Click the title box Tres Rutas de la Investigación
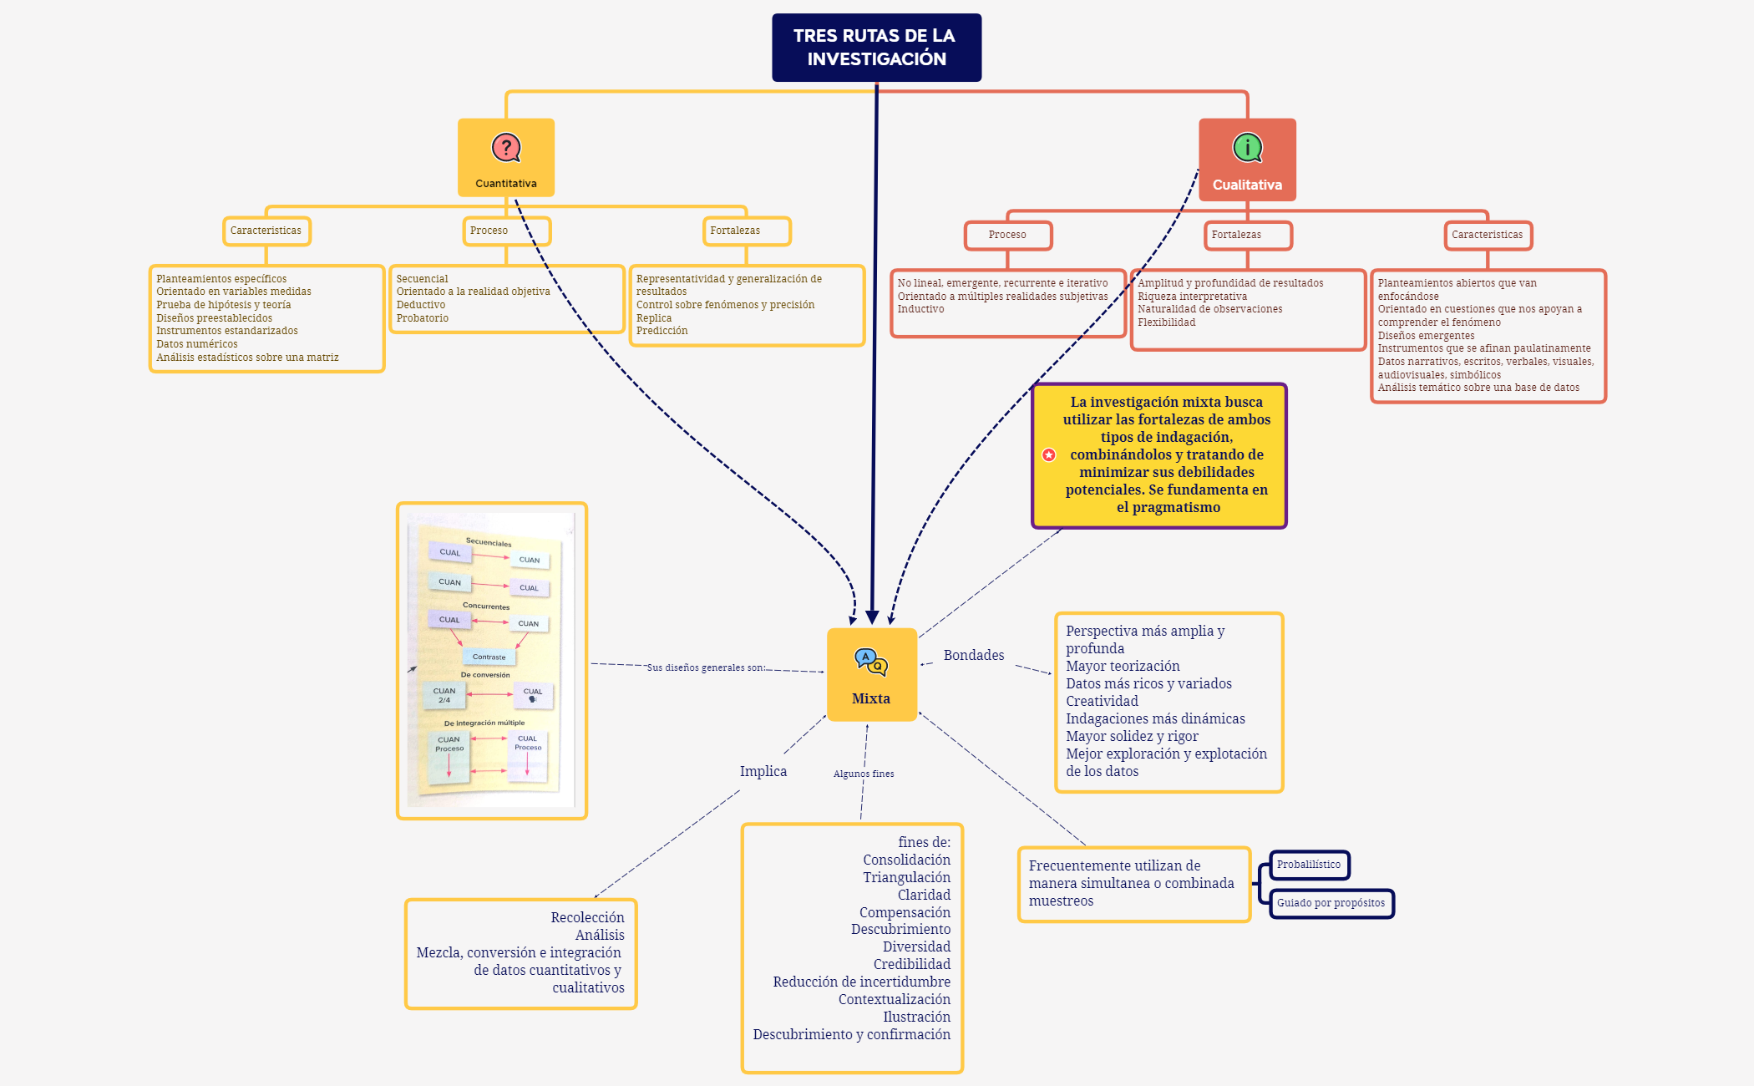click(875, 48)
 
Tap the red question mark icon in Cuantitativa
click(505, 148)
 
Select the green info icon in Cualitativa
click(1247, 148)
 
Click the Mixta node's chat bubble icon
click(870, 662)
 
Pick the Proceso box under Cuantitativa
click(506, 231)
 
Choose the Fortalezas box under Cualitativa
click(1247, 235)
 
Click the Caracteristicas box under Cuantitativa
click(266, 231)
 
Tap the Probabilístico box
click(1308, 865)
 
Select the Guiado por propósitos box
click(1331, 903)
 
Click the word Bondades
click(973, 655)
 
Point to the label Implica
click(763, 771)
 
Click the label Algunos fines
click(864, 774)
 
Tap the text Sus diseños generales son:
click(706, 667)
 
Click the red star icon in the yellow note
click(1049, 454)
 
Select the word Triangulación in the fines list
click(906, 877)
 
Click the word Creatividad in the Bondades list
click(1102, 701)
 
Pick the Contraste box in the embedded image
click(489, 657)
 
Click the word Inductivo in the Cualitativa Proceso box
click(920, 309)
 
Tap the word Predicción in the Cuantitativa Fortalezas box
click(662, 331)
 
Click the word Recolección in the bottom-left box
click(587, 917)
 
